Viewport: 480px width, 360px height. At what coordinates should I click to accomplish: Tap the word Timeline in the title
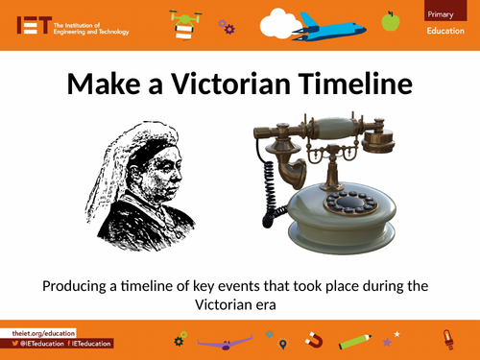[x=359, y=84]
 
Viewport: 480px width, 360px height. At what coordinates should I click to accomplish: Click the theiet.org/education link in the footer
[x=38, y=330]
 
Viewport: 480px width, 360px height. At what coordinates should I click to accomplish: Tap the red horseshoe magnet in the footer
[x=313, y=339]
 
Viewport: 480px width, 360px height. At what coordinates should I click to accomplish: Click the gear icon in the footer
[x=179, y=339]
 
